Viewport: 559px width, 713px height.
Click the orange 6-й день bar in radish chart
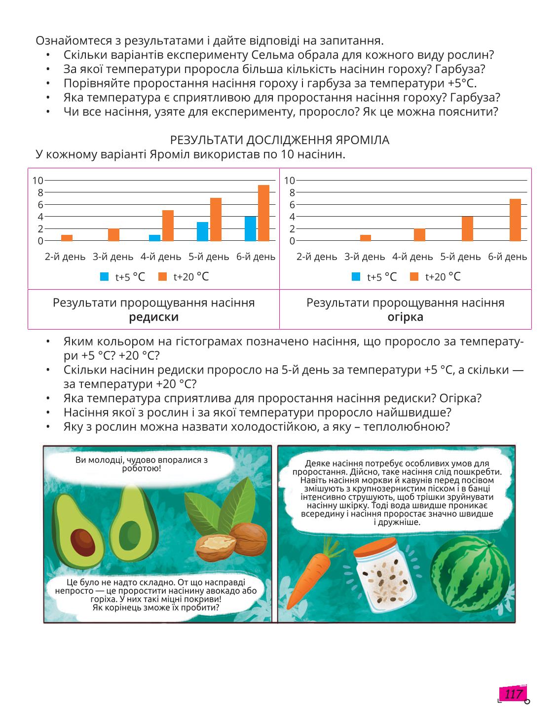pyautogui.click(x=263, y=213)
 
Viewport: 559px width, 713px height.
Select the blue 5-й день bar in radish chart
pyautogui.click(x=202, y=231)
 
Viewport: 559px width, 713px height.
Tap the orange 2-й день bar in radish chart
pyautogui.click(x=67, y=238)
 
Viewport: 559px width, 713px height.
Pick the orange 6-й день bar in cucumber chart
pyautogui.click(x=515, y=220)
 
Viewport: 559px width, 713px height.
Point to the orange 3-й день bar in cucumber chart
pyautogui.click(x=366, y=238)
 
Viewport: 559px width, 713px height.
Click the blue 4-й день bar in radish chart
pyautogui.click(x=154, y=238)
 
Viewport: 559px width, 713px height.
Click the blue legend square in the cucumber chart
pyautogui.click(x=356, y=277)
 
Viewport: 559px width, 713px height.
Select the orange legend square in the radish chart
pyautogui.click(x=162, y=277)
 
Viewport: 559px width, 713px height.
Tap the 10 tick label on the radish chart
pyautogui.click(x=37, y=180)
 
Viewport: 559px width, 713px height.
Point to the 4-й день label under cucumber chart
pyautogui.click(x=412, y=257)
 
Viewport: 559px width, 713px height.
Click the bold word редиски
pyautogui.click(x=153, y=317)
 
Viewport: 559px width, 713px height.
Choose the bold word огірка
pyautogui.click(x=405, y=317)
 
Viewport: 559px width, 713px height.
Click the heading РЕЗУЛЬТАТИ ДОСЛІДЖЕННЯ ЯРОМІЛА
pyautogui.click(x=279, y=140)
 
